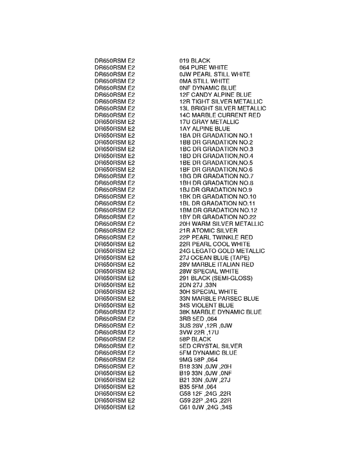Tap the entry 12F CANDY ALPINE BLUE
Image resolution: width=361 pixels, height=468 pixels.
215,94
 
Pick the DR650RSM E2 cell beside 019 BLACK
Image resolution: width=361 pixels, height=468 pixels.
115,61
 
